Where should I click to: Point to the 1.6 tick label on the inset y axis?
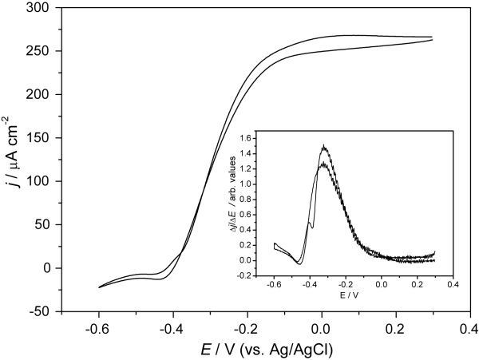(x=260, y=139)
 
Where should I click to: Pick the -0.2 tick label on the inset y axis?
(x=259, y=275)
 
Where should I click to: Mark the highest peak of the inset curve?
(x=323, y=146)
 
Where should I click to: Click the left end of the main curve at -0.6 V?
(x=99, y=287)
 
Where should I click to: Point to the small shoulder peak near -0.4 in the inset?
(x=309, y=223)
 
